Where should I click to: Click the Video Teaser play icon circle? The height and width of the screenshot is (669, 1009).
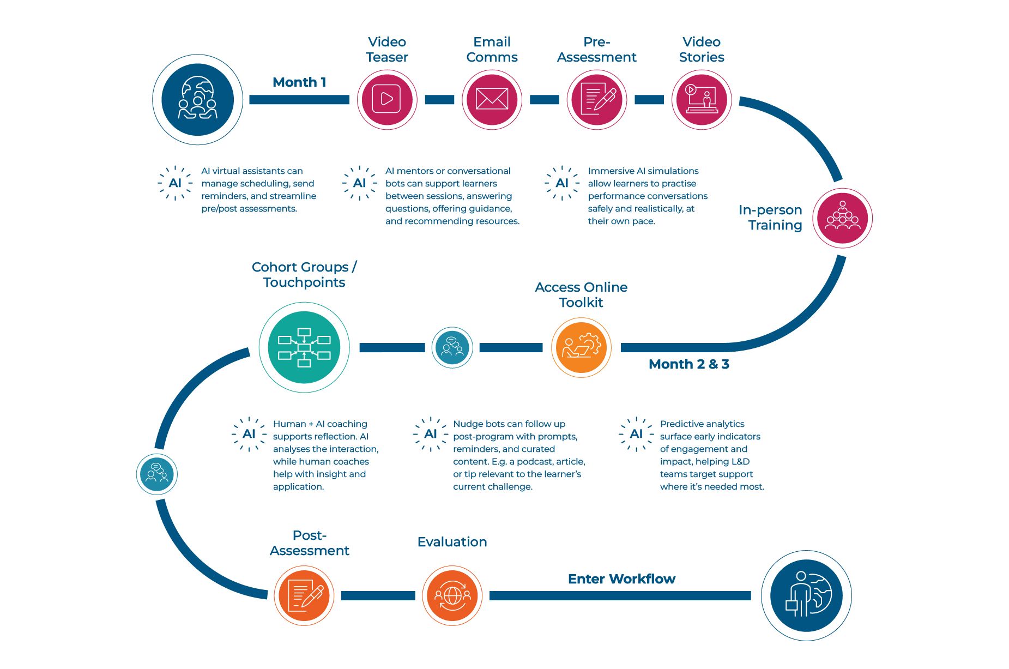[387, 99]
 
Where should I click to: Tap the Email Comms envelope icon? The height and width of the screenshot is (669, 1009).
[492, 99]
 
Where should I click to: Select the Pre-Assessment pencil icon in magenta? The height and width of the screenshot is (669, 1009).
[597, 99]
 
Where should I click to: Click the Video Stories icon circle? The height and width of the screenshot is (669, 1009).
[702, 99]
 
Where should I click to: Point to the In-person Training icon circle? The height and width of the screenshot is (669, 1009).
[842, 218]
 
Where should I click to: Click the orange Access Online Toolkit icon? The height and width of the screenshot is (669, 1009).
[581, 347]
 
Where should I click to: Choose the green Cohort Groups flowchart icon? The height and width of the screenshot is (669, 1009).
[304, 347]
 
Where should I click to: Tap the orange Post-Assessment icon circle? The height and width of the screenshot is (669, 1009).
[304, 595]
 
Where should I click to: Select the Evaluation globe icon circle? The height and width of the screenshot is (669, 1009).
[452, 595]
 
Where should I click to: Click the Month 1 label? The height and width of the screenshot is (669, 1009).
[299, 82]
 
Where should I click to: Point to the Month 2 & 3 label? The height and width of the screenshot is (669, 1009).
[688, 364]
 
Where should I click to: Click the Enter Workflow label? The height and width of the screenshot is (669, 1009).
[621, 579]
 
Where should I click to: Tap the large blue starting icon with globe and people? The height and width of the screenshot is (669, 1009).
[198, 99]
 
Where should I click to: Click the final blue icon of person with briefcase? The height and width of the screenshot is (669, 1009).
[806, 595]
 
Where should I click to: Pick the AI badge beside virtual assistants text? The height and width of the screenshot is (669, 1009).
[175, 183]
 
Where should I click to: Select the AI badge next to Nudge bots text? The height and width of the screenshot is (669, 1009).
[431, 434]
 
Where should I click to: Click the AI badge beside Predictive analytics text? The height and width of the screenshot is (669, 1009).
[636, 434]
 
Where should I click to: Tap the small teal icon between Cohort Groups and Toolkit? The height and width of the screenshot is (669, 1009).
[452, 347]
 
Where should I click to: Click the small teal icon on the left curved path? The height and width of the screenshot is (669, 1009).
[157, 474]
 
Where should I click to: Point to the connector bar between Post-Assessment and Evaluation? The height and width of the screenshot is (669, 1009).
[378, 595]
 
